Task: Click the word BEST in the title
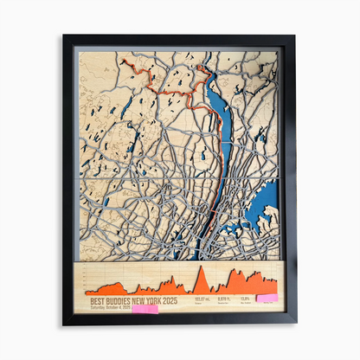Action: pos(97,299)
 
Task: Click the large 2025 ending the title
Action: pos(170,299)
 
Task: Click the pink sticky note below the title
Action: pos(145,308)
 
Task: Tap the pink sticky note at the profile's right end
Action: pos(267,298)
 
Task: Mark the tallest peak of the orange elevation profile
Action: pos(201,267)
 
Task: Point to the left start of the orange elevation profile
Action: pos(87,292)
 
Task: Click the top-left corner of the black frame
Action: pos(64,36)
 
